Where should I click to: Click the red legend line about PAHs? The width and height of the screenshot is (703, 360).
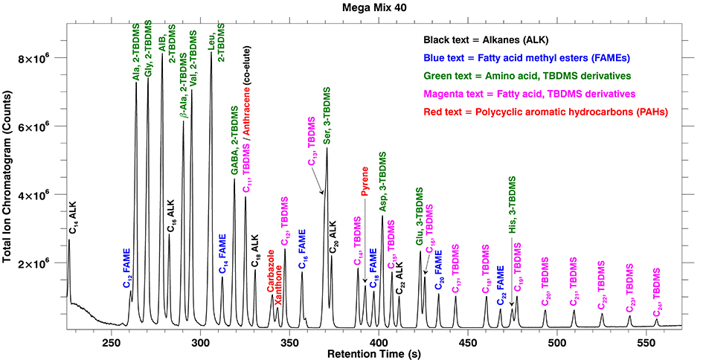pos(545,112)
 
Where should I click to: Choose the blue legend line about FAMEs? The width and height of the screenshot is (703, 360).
pos(545,57)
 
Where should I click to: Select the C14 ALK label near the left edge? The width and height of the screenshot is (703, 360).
pos(72,216)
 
